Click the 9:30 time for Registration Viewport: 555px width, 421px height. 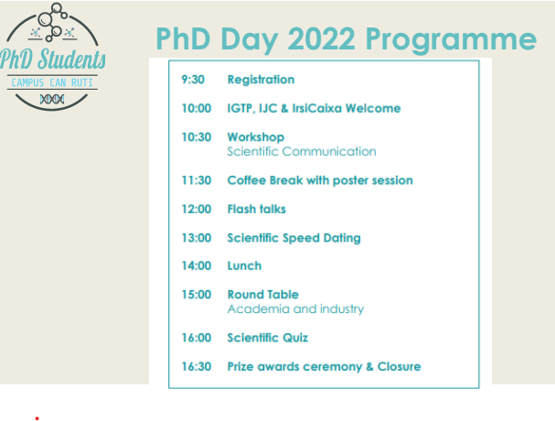click(x=193, y=80)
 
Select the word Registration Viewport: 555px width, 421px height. click(x=261, y=80)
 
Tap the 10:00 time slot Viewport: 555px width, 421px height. click(x=197, y=108)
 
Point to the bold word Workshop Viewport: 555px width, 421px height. click(x=255, y=137)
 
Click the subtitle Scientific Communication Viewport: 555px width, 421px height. click(x=302, y=151)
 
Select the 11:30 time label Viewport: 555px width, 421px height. click(x=197, y=180)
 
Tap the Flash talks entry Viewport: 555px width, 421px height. click(x=256, y=209)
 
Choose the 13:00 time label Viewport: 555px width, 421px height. click(x=197, y=238)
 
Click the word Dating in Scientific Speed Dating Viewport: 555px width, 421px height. click(x=342, y=238)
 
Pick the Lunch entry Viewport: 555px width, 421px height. click(x=244, y=265)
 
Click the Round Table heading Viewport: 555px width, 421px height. click(x=263, y=295)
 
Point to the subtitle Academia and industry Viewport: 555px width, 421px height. click(x=295, y=309)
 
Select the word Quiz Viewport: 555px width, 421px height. click(x=295, y=338)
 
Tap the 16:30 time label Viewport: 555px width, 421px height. click(x=197, y=366)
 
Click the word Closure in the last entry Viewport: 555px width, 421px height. click(x=399, y=366)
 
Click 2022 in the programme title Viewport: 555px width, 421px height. click(x=322, y=38)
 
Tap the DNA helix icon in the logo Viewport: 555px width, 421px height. click(x=52, y=99)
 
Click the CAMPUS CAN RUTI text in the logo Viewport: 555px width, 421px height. click(x=52, y=82)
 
